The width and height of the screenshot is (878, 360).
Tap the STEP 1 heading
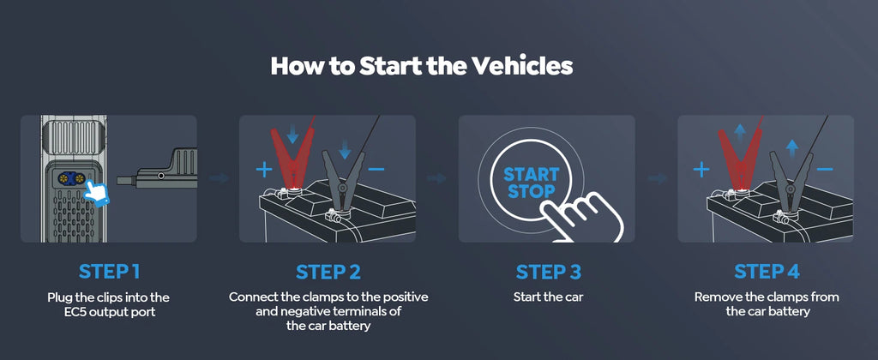tap(109, 272)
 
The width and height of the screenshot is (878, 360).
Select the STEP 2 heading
tap(328, 272)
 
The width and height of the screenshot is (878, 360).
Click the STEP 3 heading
tap(548, 272)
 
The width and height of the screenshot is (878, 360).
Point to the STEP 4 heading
tap(767, 272)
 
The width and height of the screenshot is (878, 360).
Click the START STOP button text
tap(530, 183)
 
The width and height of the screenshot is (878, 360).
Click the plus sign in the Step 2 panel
tap(263, 170)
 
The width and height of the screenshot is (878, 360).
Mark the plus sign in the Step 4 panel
tap(701, 170)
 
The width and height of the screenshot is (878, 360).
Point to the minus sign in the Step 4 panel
tap(825, 170)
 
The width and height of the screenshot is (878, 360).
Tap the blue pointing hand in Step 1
tap(103, 193)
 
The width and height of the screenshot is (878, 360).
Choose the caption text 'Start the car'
tap(548, 297)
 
